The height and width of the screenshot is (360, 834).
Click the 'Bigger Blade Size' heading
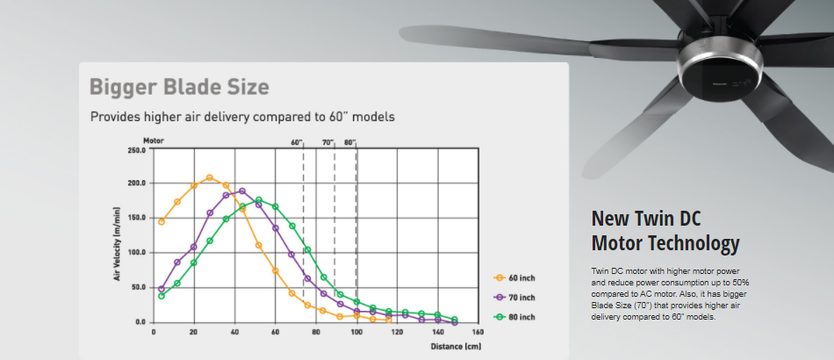click(x=179, y=87)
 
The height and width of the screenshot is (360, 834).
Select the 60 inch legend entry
click(x=514, y=277)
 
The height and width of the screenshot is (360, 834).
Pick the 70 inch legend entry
click(x=514, y=298)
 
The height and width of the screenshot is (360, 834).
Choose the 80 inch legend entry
click(x=514, y=317)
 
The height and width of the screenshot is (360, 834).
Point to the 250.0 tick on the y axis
click(x=136, y=150)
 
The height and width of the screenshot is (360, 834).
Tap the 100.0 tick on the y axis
click(x=136, y=253)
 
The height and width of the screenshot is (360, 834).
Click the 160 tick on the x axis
click(x=478, y=333)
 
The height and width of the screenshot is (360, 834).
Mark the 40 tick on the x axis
click(x=234, y=333)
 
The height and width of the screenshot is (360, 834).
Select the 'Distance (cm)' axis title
click(x=456, y=347)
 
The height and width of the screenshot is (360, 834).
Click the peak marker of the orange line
click(x=210, y=177)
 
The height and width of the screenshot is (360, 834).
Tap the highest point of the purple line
click(x=242, y=191)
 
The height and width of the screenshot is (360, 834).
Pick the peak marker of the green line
click(x=258, y=200)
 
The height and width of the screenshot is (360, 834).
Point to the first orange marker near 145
click(x=162, y=222)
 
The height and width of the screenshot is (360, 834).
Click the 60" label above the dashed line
click(x=297, y=142)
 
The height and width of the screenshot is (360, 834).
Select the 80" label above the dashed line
click(x=349, y=142)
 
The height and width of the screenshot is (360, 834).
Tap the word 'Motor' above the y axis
click(x=153, y=140)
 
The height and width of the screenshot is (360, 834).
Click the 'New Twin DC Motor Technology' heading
click(x=665, y=231)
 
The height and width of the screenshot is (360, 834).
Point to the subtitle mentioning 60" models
click(x=242, y=117)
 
